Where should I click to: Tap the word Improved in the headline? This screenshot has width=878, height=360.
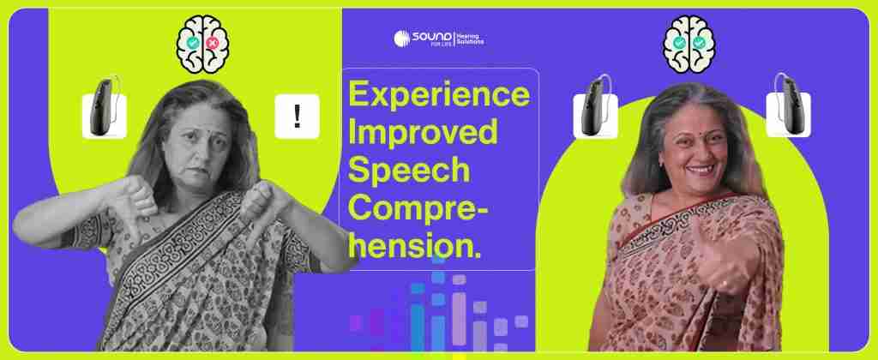423,131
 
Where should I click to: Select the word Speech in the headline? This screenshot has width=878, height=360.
409,171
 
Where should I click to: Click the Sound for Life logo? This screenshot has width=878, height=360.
439,38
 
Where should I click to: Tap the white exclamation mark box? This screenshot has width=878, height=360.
297,117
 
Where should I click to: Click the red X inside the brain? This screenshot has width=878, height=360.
213,43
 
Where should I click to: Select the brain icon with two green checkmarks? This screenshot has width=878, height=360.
689,44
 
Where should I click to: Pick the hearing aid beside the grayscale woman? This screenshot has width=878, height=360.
105,109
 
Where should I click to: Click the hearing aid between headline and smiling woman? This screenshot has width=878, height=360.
595,109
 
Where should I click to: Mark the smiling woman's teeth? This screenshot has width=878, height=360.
701,167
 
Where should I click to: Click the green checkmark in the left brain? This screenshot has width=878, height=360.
193,43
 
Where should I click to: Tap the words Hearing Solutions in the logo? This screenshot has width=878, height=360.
471,38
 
